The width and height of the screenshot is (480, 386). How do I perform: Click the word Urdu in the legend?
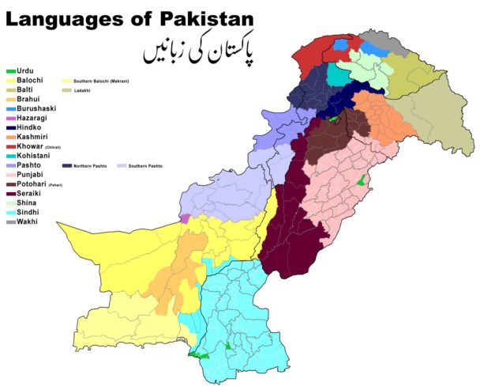pyautogui.click(x=25, y=71)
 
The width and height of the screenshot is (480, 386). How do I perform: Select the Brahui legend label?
pyautogui.click(x=28, y=100)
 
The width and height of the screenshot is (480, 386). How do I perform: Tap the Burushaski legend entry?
pyautogui.click(x=36, y=108)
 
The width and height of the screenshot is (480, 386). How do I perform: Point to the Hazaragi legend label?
pyautogui.click(x=32, y=118)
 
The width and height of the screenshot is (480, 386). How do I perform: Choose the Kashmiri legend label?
pyautogui.click(x=32, y=136)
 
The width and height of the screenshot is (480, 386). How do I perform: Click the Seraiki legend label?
pyautogui.click(x=29, y=193)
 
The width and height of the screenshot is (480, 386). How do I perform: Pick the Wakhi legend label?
pyautogui.click(x=27, y=221)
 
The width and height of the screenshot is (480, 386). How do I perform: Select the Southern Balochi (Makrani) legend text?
pyautogui.click(x=101, y=81)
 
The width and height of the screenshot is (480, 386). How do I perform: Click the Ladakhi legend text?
pyautogui.click(x=84, y=91)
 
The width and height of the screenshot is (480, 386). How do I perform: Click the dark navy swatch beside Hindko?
pyautogui.click(x=9, y=127)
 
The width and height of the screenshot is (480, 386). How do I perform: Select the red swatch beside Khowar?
pyautogui.click(x=9, y=146)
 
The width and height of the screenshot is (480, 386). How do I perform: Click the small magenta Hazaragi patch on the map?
pyautogui.click(x=185, y=218)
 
